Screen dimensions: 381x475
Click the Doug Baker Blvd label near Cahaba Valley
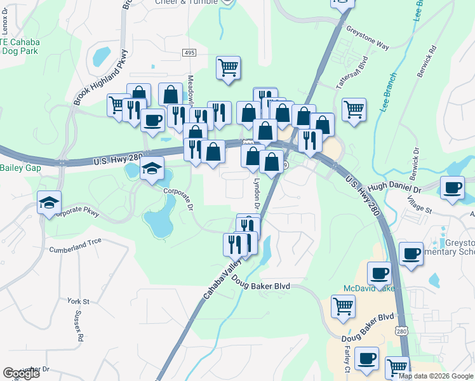[x=260, y=286]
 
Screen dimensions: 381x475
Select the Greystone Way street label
[x=367, y=37]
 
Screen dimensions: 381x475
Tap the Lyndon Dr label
[x=257, y=193]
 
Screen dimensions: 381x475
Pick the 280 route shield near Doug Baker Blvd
[x=400, y=331]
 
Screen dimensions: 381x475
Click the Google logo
[x=22, y=373]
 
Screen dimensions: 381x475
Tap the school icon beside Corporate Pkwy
[x=50, y=203]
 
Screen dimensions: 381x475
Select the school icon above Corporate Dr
[x=152, y=168]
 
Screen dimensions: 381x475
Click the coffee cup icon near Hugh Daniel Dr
[x=452, y=188]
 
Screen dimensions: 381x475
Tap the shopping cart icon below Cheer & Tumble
[x=228, y=67]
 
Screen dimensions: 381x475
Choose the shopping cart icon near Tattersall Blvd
[x=354, y=109]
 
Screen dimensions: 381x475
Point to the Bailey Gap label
[x=20, y=168]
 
